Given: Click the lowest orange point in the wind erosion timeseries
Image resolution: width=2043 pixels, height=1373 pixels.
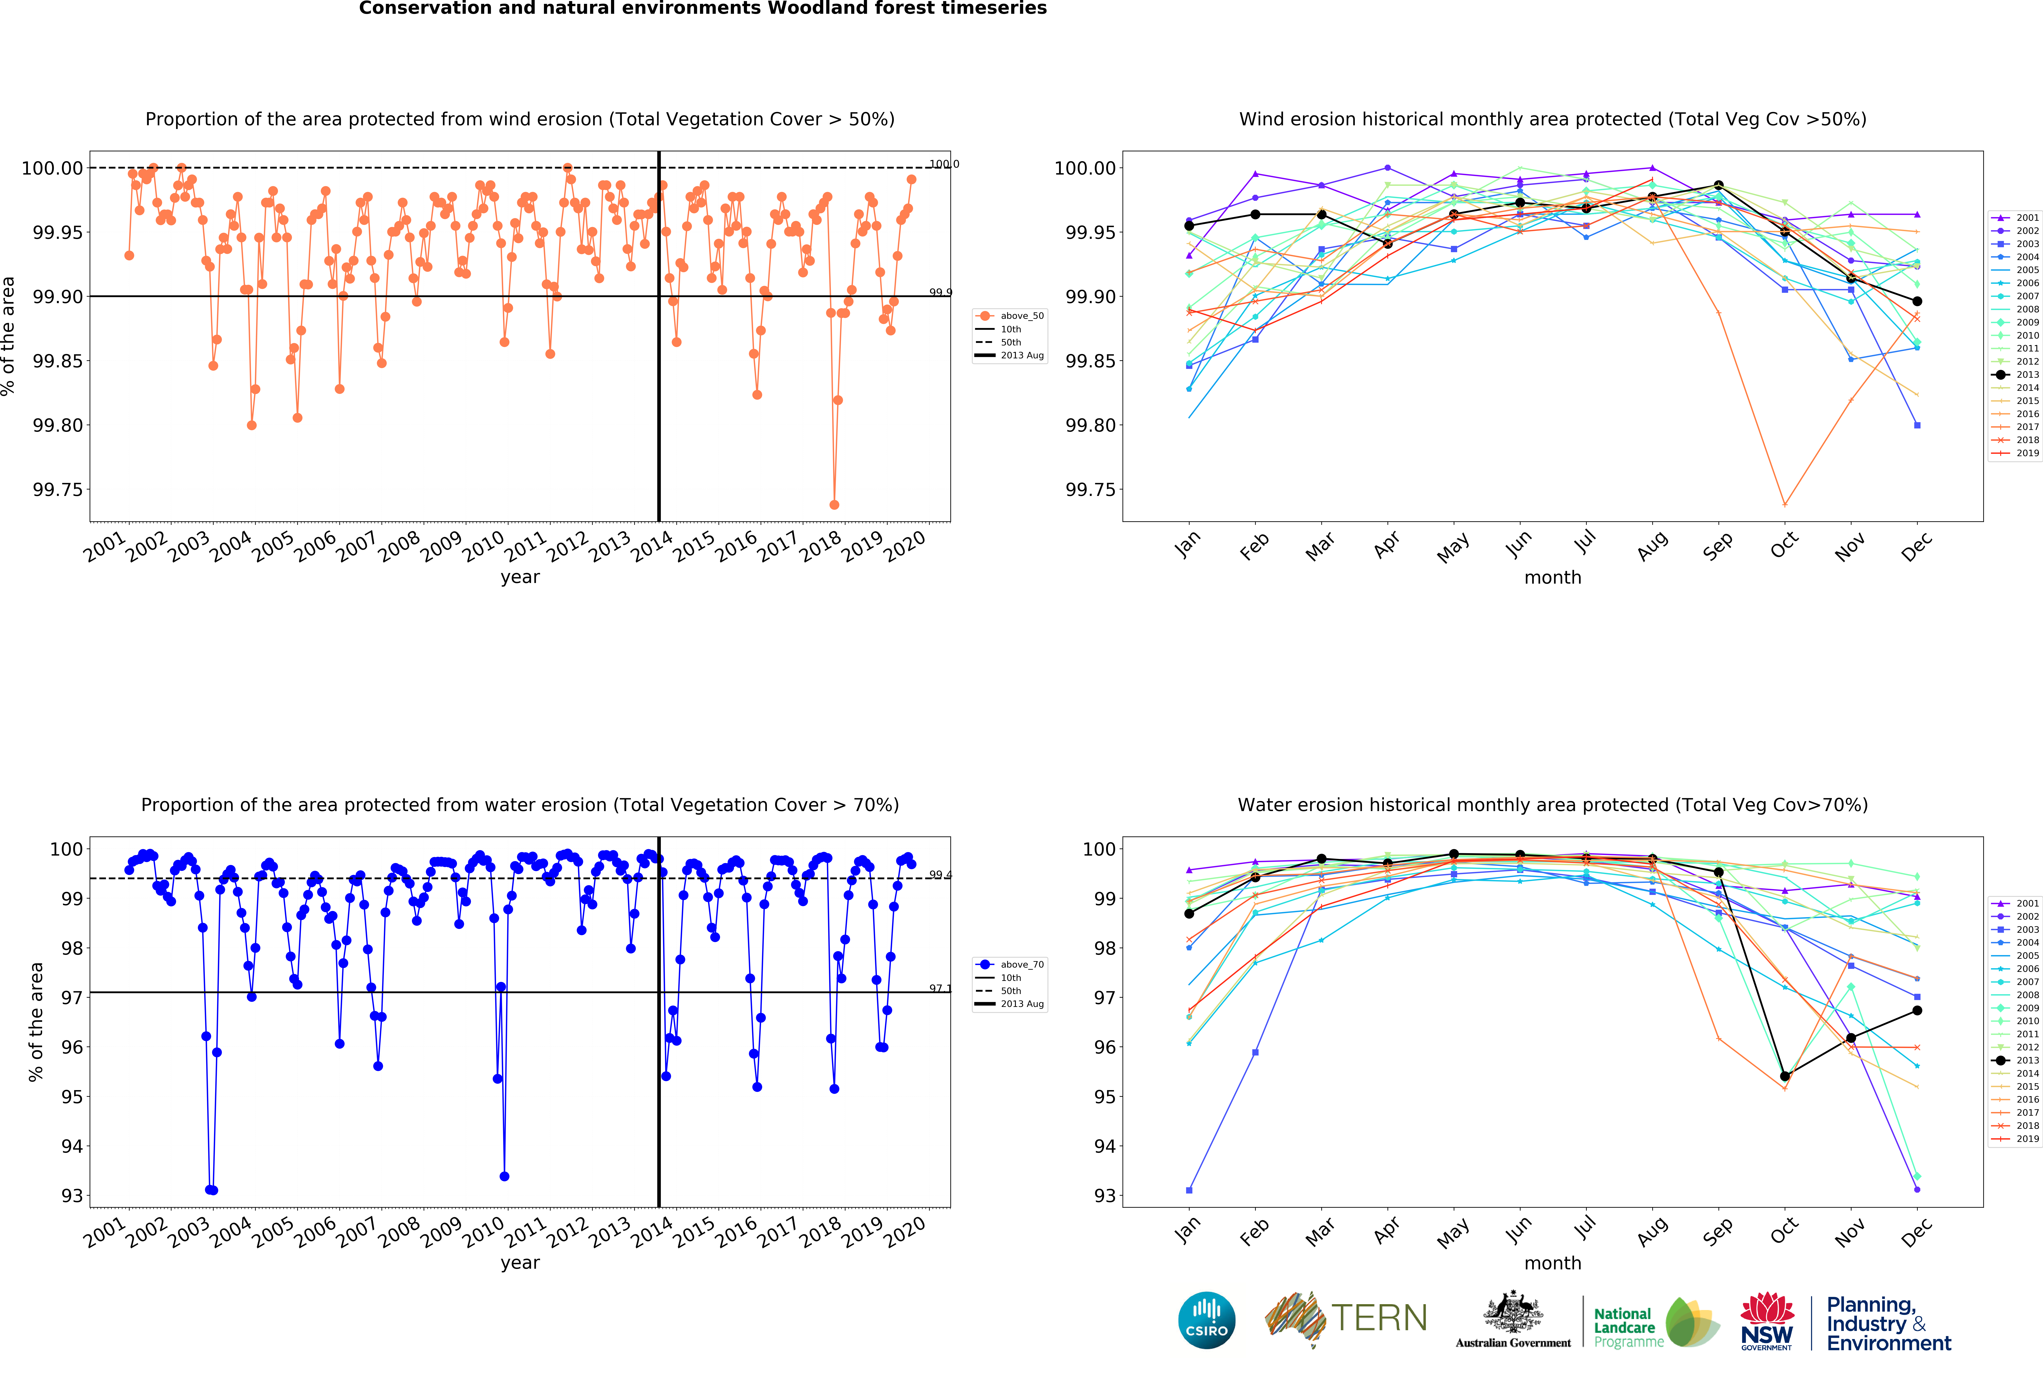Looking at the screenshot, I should [x=834, y=504].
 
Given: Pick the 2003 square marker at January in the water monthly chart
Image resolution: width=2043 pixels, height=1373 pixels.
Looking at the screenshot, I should [x=1189, y=1190].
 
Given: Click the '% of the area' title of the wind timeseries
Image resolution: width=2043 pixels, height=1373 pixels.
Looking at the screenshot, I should [x=9, y=336].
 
